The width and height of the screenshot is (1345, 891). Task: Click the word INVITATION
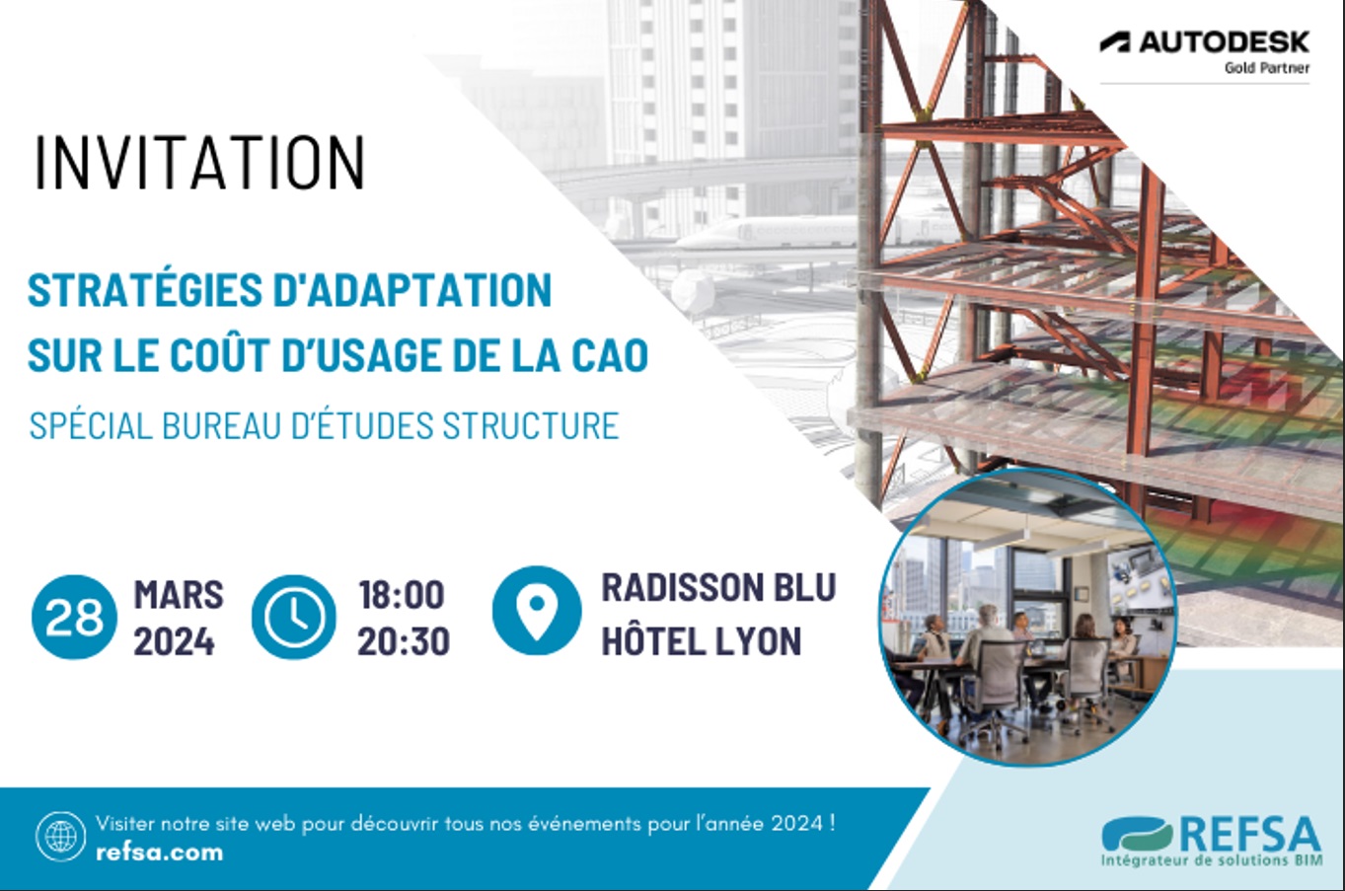point(200,163)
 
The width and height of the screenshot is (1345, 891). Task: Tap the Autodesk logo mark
point(1115,42)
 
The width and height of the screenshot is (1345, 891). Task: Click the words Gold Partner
point(1267,68)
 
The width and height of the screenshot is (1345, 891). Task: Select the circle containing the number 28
point(74,618)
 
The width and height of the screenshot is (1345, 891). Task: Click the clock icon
point(293,618)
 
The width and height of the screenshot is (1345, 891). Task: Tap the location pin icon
point(536,611)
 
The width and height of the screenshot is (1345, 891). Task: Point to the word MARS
point(179,595)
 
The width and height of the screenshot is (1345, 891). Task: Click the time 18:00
point(401,595)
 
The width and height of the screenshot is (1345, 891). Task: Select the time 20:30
point(403,642)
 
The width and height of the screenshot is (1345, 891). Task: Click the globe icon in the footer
point(60,837)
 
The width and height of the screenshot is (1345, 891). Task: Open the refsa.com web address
point(159,853)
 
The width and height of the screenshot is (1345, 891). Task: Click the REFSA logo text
point(1249,835)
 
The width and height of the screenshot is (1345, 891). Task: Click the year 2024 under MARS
point(174,642)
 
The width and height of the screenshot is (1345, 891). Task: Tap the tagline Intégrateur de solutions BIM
point(1211,861)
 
